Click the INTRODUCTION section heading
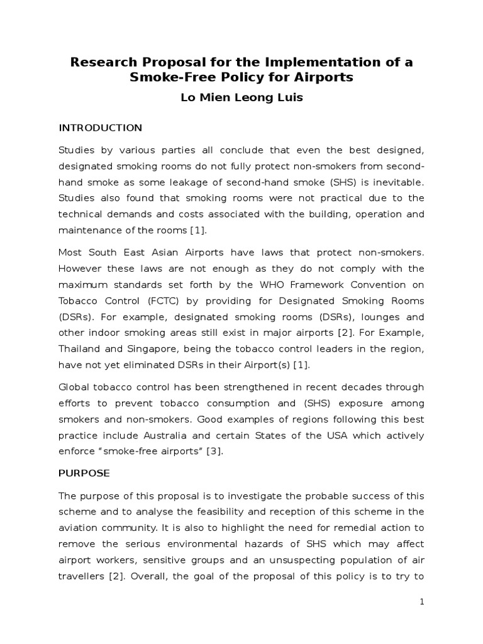pos(101,128)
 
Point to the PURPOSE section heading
pos(84,472)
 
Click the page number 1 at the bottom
pos(422,602)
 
